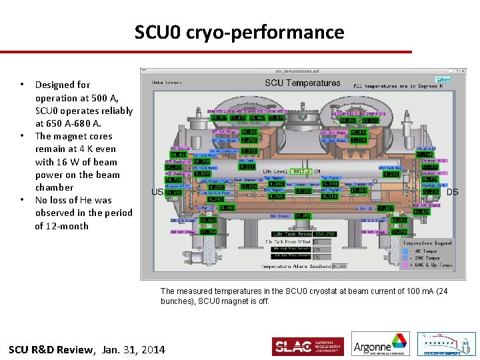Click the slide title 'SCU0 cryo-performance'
coord(239,32)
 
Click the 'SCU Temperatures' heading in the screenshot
coord(302,83)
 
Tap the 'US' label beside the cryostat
coord(157,192)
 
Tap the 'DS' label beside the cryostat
coord(452,192)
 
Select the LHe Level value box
coord(297,172)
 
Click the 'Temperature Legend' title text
coord(427,243)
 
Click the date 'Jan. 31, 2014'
coord(133,349)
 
